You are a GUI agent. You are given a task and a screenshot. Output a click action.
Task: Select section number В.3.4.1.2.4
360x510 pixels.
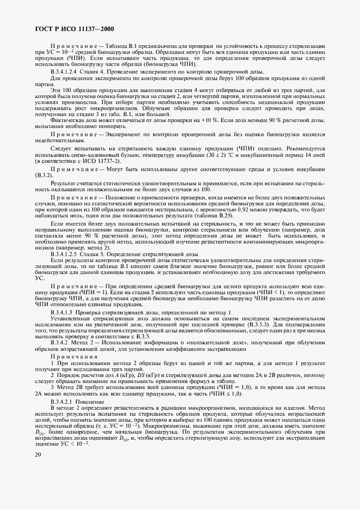(68, 72)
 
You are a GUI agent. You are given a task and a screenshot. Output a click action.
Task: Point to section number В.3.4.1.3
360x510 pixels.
(65, 312)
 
